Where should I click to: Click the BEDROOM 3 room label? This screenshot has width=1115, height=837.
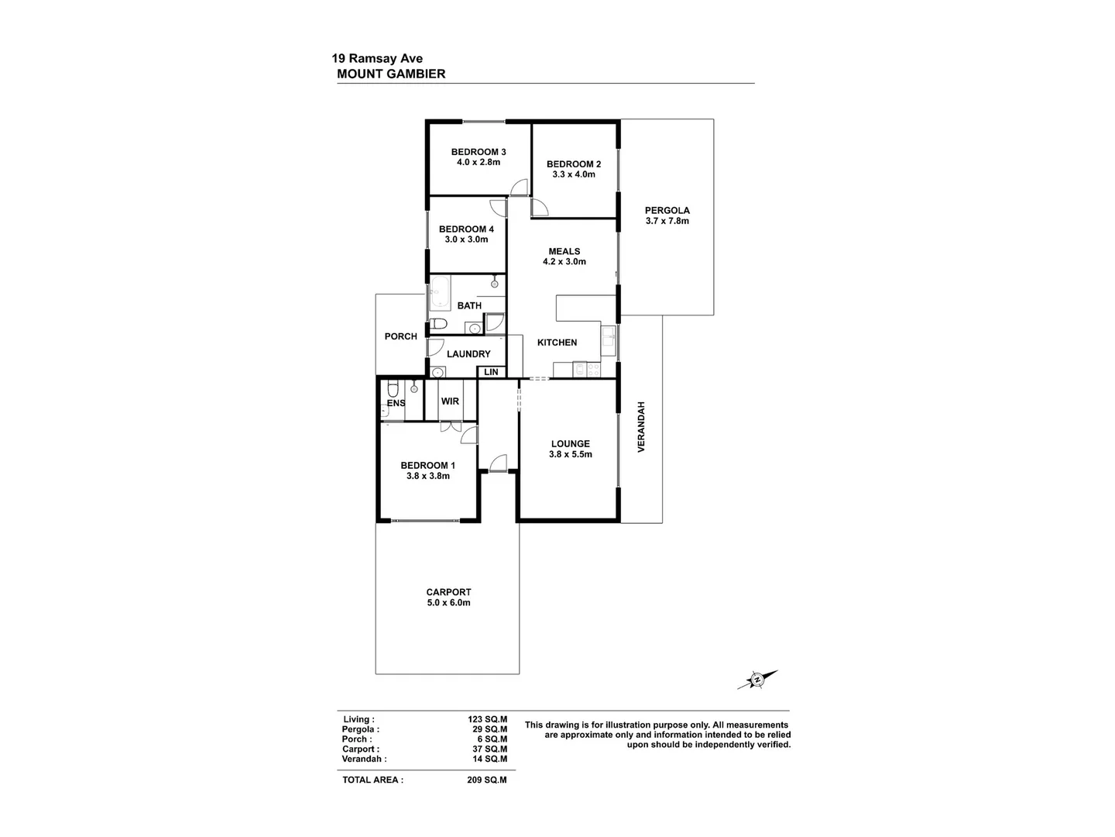point(479,152)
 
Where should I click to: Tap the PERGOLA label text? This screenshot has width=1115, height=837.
point(667,210)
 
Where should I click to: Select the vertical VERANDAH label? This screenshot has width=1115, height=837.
point(640,427)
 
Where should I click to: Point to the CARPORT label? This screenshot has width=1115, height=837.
point(448,592)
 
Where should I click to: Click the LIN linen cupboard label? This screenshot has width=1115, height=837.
point(491,372)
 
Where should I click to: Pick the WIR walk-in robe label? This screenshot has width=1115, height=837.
point(450,401)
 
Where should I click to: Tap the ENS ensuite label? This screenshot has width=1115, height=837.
point(396,403)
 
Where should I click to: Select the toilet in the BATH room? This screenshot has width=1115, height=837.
point(439,323)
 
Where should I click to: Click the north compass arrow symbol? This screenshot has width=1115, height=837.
point(756,680)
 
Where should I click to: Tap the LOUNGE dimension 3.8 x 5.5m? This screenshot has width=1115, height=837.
point(570,455)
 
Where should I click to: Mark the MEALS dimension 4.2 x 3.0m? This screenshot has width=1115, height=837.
point(564,262)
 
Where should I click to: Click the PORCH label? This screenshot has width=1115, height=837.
point(400,336)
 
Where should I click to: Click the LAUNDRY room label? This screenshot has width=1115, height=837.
point(468,354)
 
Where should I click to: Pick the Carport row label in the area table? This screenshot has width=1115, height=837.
point(361,749)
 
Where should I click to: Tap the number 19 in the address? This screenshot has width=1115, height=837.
point(338,58)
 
